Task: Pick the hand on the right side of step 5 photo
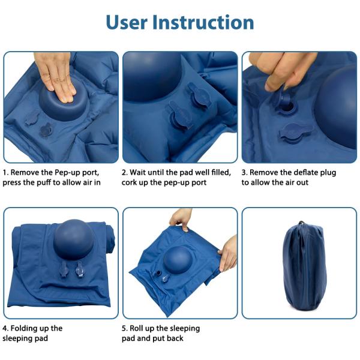[229, 252]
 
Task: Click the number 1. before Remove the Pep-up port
[6, 172]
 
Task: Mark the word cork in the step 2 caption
[132, 182]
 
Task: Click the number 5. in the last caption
[125, 328]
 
